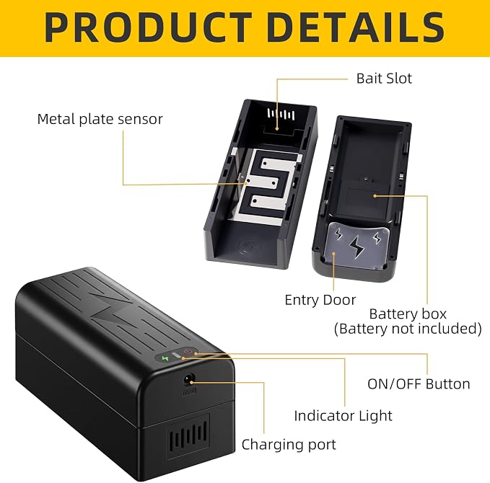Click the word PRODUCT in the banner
click(x=148, y=27)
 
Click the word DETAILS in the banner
click(x=356, y=27)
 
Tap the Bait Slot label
click(x=384, y=79)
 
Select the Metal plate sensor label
click(x=100, y=119)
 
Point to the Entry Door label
click(x=320, y=300)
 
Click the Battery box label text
click(x=408, y=314)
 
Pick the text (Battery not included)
click(x=408, y=329)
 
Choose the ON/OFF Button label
click(x=419, y=384)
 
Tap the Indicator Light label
click(x=343, y=415)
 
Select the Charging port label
click(x=289, y=445)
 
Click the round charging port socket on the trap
click(x=189, y=381)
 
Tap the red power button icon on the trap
click(x=188, y=352)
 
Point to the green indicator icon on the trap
click(x=165, y=358)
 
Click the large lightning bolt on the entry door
click(x=356, y=247)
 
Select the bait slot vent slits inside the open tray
click(x=281, y=115)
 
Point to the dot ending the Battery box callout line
click(x=375, y=196)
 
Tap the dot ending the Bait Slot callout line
click(x=277, y=128)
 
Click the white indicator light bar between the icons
click(x=177, y=355)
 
